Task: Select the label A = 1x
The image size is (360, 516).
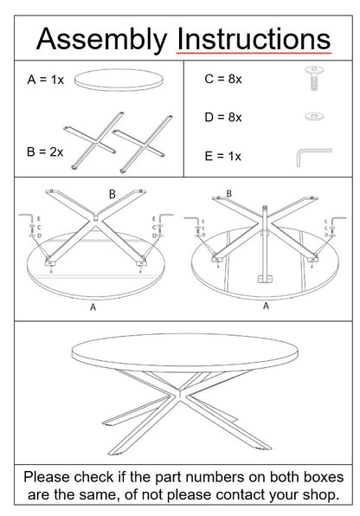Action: tap(46, 79)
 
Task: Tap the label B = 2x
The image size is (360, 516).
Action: tap(46, 152)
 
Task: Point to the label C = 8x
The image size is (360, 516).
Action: tap(222, 79)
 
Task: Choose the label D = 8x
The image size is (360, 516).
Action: tap(222, 116)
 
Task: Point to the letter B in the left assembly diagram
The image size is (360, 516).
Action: tap(112, 196)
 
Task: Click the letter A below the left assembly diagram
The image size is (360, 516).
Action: tap(93, 306)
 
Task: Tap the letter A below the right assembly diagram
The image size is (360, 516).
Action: tap(265, 306)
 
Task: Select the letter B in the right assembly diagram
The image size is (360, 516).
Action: tap(228, 193)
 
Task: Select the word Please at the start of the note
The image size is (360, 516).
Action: tap(51, 477)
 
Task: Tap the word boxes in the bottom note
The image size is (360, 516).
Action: tap(317, 477)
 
